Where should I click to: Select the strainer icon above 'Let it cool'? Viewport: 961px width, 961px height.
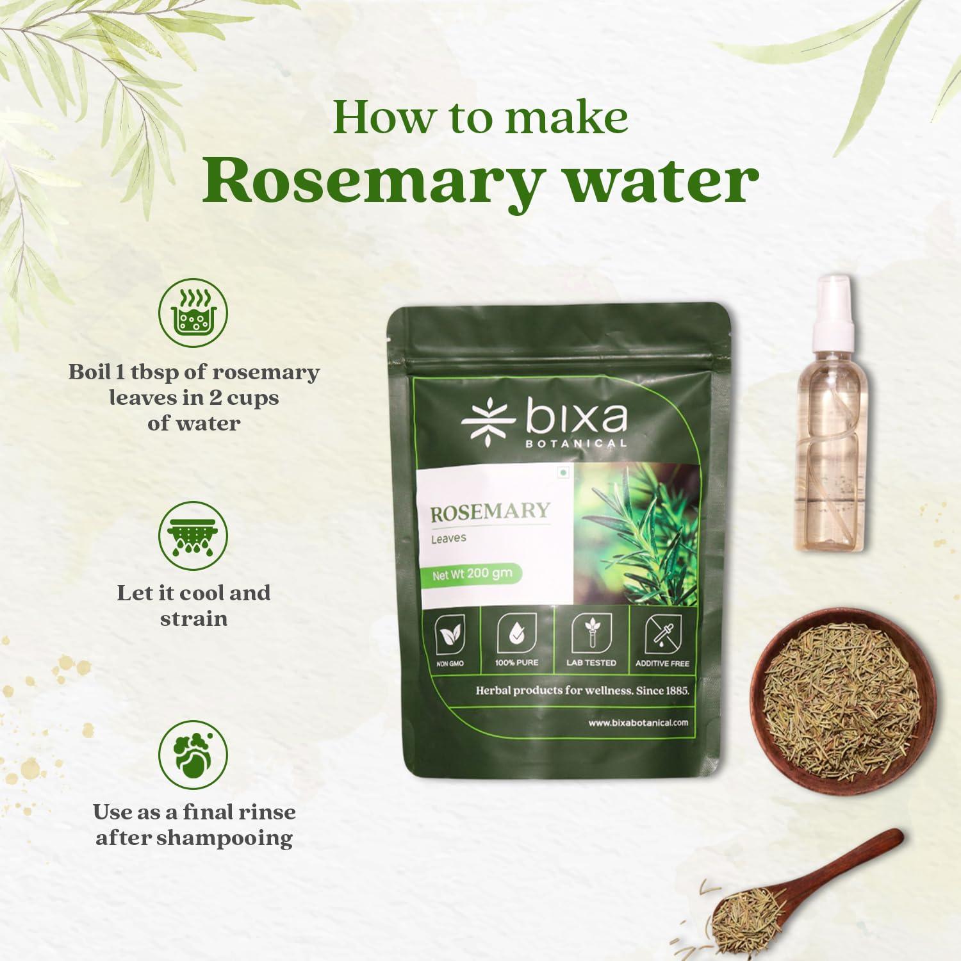193,536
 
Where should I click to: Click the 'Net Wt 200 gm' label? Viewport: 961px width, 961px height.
472,574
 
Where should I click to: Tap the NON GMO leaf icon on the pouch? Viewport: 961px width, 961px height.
450,636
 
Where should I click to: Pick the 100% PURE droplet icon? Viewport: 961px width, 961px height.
516,634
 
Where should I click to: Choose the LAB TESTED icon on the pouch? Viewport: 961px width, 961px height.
591,634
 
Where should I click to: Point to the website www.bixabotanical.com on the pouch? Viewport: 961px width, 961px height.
638,722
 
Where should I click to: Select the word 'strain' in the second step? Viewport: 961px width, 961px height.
193,619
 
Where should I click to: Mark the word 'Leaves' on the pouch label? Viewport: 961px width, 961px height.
448,538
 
